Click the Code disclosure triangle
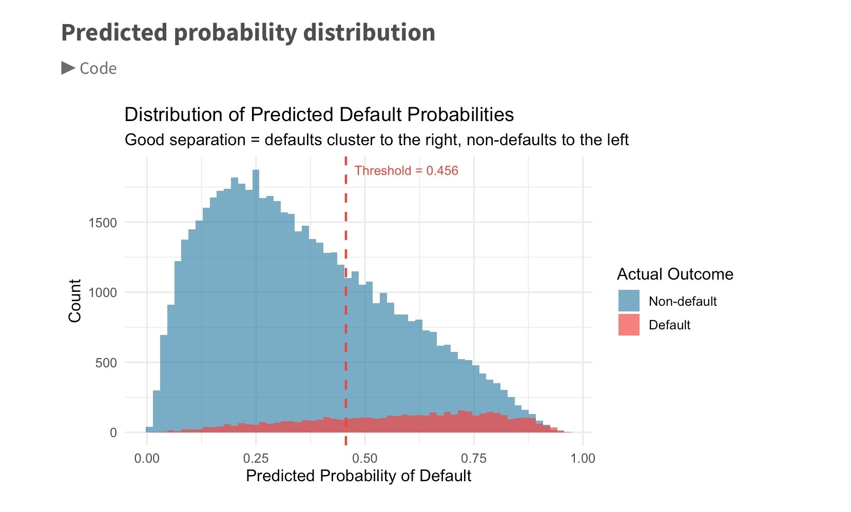(x=68, y=68)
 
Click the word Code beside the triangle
(x=98, y=69)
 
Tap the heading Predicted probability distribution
(x=248, y=33)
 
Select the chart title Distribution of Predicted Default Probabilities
(x=319, y=115)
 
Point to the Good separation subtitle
(x=377, y=140)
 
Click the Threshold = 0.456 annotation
(x=407, y=171)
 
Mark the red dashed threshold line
(x=346, y=301)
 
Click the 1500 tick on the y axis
(x=103, y=223)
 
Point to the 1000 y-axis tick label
(x=103, y=293)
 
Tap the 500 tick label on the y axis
(x=106, y=363)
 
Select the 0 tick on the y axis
(x=113, y=432)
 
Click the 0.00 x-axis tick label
(x=147, y=459)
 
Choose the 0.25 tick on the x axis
(x=256, y=459)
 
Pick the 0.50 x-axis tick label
(x=365, y=459)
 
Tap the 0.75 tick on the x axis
(x=474, y=459)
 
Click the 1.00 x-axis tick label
(x=583, y=459)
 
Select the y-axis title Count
(x=75, y=301)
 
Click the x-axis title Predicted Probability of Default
(x=359, y=476)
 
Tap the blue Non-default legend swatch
(x=629, y=301)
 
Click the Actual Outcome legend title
(x=675, y=274)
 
